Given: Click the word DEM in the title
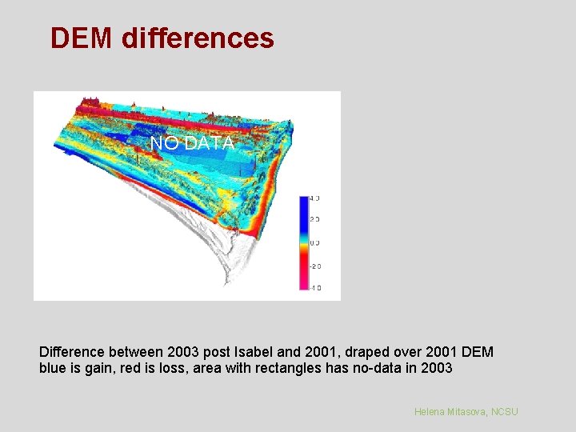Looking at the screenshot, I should point(82,38).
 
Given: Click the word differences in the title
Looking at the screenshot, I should point(198,38).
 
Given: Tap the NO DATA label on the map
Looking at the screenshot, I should point(192,143).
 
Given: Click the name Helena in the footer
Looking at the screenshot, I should point(431,411).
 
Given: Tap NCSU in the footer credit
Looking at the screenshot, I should point(505,411).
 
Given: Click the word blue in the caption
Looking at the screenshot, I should point(52,369).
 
